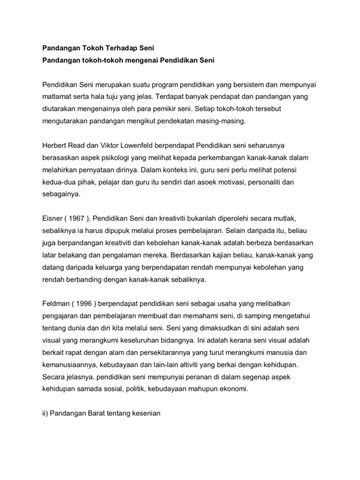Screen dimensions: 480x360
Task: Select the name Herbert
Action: (55, 145)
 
